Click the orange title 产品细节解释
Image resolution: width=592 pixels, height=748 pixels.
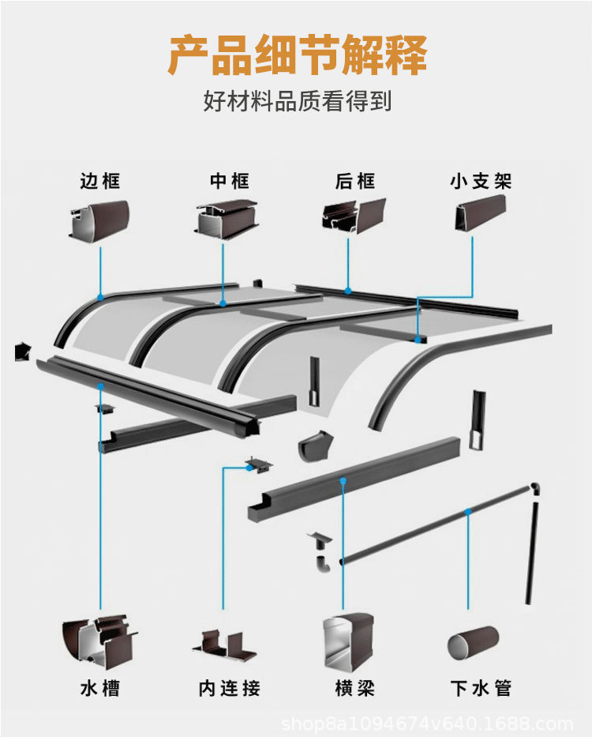297,55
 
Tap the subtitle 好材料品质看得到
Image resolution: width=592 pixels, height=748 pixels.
297,101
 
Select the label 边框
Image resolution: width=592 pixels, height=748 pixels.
100,181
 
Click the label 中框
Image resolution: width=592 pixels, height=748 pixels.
229,181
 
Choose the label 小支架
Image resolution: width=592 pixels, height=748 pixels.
481,181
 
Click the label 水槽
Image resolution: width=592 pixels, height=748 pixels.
100,688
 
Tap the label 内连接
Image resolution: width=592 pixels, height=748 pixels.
229,688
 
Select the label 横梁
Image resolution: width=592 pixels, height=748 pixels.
354,688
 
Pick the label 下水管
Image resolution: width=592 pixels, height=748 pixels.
481,688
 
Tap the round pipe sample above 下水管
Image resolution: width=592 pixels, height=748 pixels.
473,641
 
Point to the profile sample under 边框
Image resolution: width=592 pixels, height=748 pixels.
97,220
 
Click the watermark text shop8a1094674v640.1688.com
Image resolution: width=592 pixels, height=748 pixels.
427,724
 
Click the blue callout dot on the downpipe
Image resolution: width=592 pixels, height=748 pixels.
468,512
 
